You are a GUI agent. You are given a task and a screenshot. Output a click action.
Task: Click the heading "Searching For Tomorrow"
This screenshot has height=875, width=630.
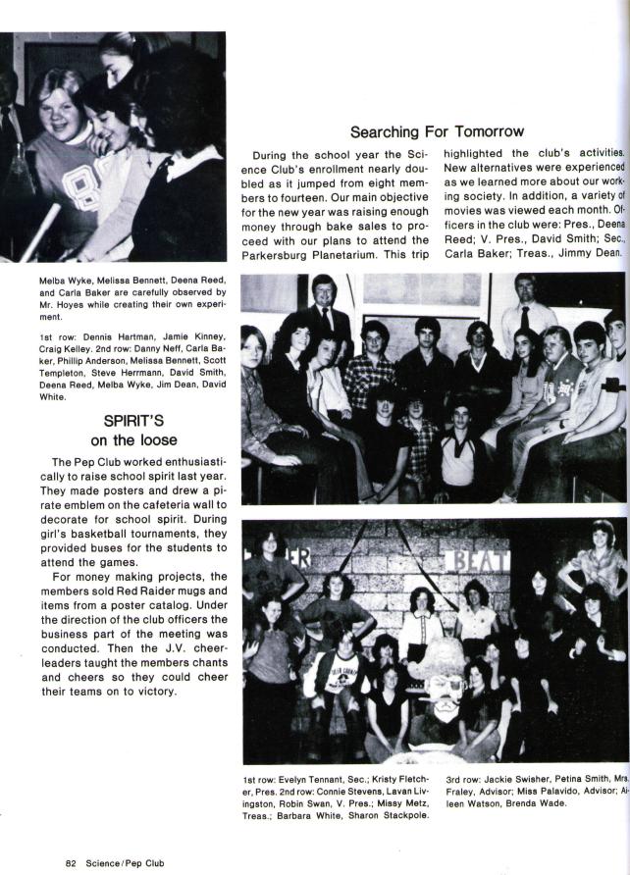pyautogui.click(x=437, y=131)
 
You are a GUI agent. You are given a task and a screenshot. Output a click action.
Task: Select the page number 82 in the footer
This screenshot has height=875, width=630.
pyautogui.click(x=71, y=863)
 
